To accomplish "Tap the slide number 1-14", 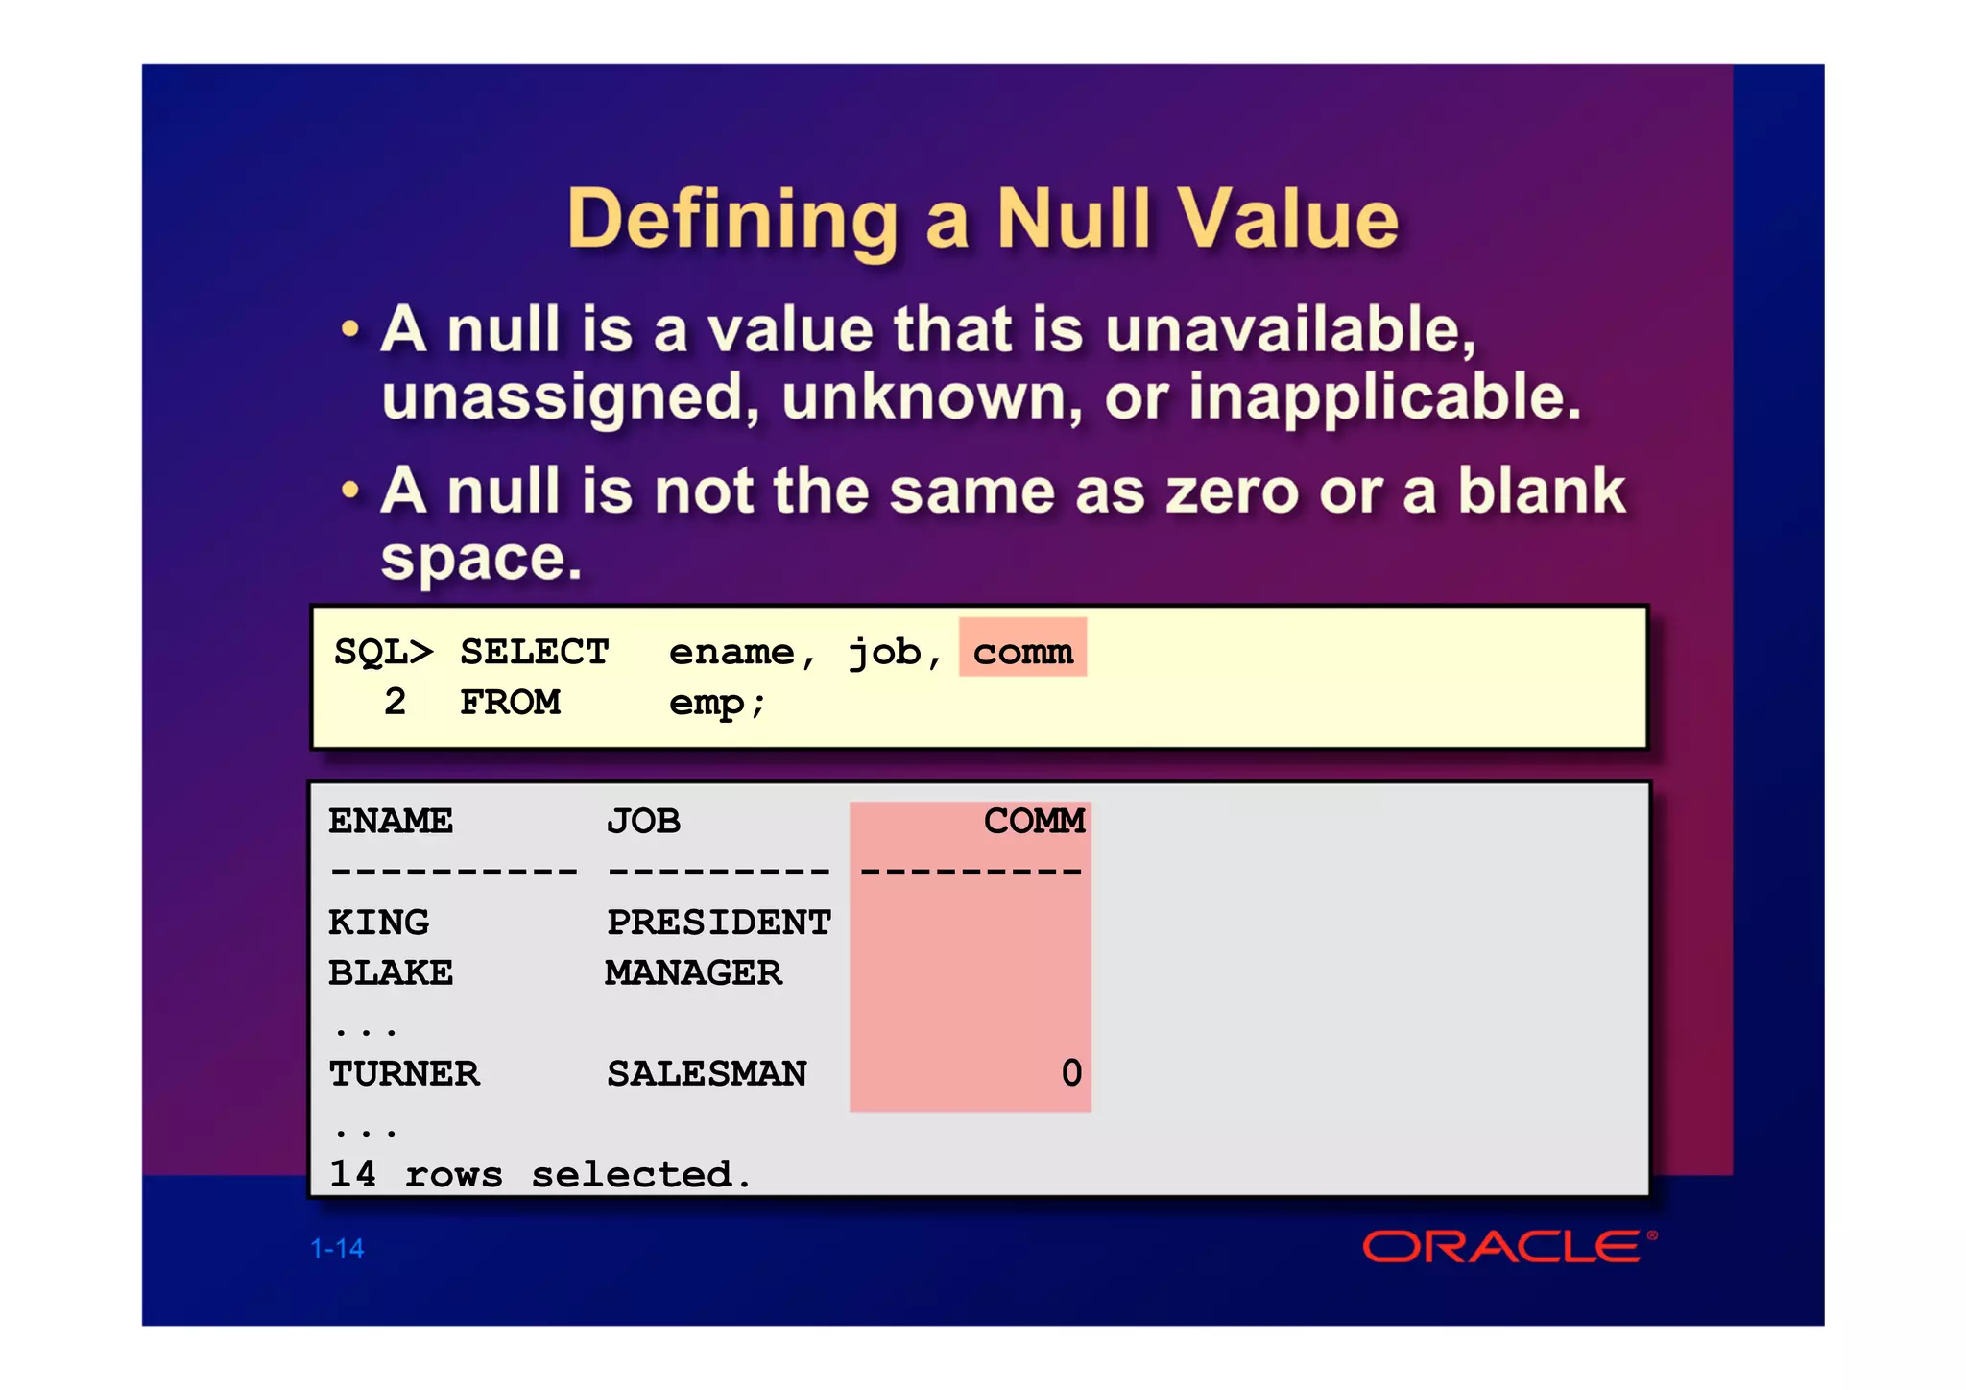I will click(337, 1248).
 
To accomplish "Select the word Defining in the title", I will click(733, 221).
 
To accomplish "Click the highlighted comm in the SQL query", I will click(1022, 651).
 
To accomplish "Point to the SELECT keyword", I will click(534, 652).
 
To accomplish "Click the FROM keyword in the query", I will click(510, 702).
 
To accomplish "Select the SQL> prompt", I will click(383, 652).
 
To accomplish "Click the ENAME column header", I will click(391, 822).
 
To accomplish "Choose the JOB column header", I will click(643, 822).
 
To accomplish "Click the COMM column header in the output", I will click(1034, 822).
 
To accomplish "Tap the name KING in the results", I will click(378, 923).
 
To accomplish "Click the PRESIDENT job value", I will click(719, 923).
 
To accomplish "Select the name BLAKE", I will click(391, 973).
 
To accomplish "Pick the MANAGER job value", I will click(694, 973).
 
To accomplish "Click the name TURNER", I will click(403, 1073).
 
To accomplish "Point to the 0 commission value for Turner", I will click(1071, 1073).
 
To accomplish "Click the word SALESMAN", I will click(707, 1073).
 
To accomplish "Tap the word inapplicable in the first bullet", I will click(1384, 397).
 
